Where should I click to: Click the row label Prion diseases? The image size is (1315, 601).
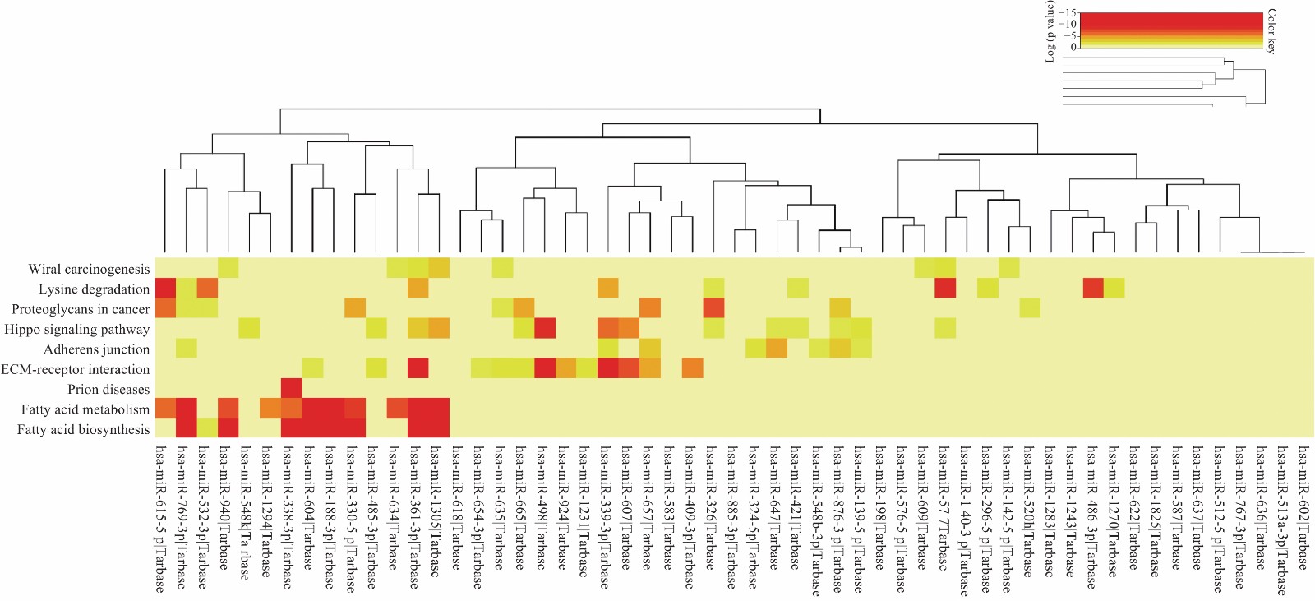coord(108,390)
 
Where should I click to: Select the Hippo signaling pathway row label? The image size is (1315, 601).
coord(77,330)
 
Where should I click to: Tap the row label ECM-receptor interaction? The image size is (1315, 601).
coord(75,370)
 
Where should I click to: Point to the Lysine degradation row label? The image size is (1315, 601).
coord(94,289)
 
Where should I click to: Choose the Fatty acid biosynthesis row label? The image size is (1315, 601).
coord(83,430)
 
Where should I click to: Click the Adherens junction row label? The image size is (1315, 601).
coord(96,349)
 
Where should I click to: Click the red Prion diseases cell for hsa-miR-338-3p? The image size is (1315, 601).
coord(292,388)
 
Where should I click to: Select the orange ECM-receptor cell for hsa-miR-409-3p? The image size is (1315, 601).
coord(692,368)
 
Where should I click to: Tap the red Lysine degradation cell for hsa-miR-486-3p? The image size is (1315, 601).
coord(1093,288)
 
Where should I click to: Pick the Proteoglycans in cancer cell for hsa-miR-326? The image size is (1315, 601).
coord(713,308)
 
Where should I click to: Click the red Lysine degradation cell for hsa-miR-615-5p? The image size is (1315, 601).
coord(165,288)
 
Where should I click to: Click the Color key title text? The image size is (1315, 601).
coord(1271,31)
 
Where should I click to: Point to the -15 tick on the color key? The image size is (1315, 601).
coord(1068,13)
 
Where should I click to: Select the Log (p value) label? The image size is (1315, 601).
coord(1050,31)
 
